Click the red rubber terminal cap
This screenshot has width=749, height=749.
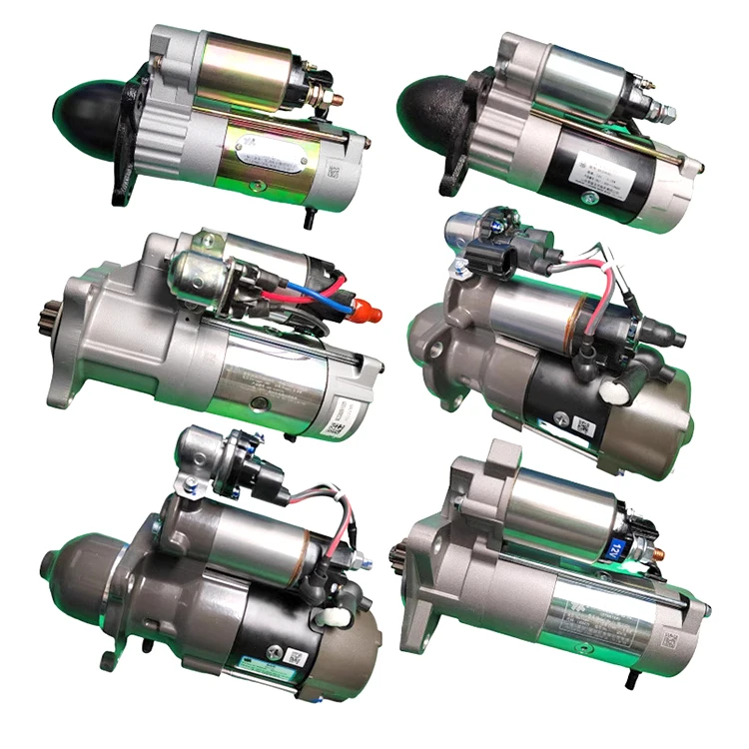tap(368, 312)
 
